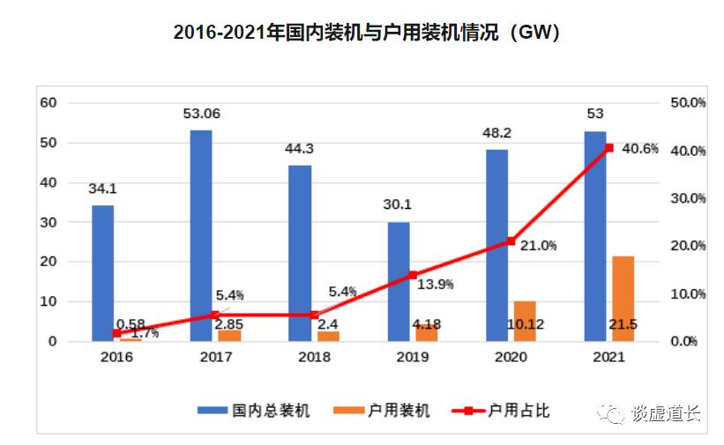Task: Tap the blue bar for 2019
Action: [399, 281]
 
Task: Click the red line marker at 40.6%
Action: [608, 148]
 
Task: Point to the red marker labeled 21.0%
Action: [510, 241]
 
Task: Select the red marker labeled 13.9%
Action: [411, 275]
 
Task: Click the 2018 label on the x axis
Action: [313, 358]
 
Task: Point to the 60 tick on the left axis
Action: [49, 103]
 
